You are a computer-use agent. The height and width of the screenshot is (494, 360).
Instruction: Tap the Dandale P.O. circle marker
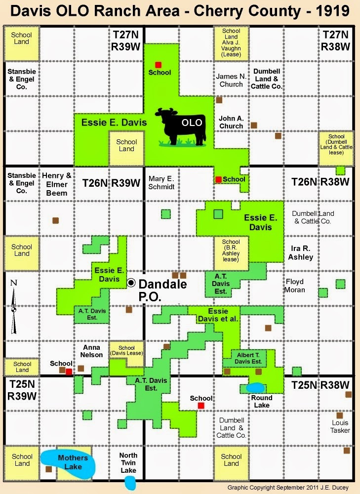pyautogui.click(x=131, y=283)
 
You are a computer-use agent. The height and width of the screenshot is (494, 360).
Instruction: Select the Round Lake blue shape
pyautogui.click(x=255, y=388)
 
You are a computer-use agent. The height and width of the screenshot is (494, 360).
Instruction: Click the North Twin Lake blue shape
pyautogui.click(x=130, y=483)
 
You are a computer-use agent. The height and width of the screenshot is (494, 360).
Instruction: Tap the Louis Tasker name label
pyautogui.click(x=340, y=426)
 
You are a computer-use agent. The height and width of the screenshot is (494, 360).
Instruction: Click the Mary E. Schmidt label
pyautogui.click(x=161, y=182)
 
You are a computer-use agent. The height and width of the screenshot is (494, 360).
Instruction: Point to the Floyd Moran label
pyautogui.click(x=295, y=286)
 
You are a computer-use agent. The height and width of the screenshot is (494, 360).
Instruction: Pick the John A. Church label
pyautogui.click(x=231, y=122)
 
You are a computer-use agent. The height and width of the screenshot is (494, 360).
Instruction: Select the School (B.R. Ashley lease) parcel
pyautogui.click(x=231, y=251)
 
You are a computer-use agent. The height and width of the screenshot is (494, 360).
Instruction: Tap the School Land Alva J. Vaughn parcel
pyautogui.click(x=231, y=42)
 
